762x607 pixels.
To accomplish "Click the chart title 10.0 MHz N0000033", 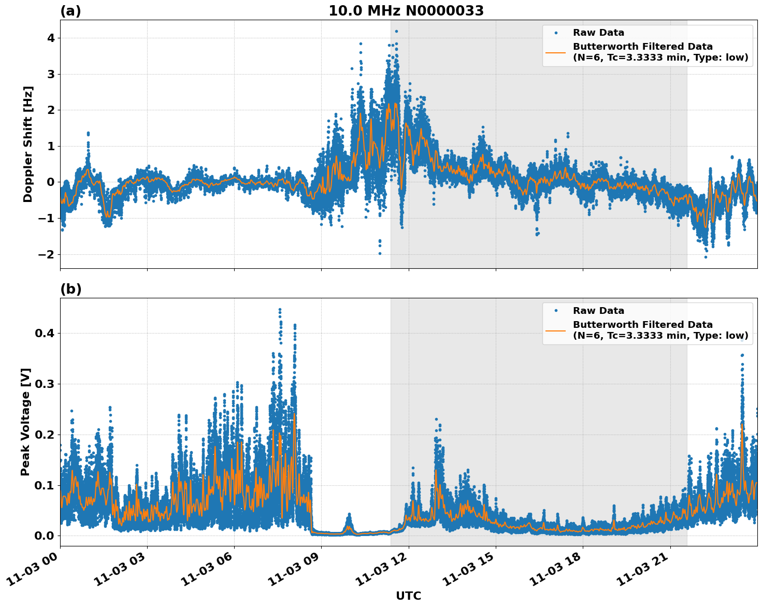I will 406,11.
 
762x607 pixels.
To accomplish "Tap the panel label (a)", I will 70,11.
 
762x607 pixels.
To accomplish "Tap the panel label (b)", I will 70,289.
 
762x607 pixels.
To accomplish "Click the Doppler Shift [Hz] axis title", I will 28,144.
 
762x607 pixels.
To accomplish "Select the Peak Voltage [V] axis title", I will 26,422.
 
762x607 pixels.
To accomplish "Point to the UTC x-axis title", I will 408,596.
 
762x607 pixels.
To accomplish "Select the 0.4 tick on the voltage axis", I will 45,333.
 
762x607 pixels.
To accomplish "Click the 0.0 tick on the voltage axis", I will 45,536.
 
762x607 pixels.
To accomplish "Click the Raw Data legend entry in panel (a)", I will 598,33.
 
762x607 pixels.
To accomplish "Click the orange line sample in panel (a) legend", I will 556,52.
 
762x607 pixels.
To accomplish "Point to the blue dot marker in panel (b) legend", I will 556,311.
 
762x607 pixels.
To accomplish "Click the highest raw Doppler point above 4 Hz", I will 396,32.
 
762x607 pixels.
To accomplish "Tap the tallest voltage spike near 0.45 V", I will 280,310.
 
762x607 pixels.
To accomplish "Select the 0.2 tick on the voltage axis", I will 45,435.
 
